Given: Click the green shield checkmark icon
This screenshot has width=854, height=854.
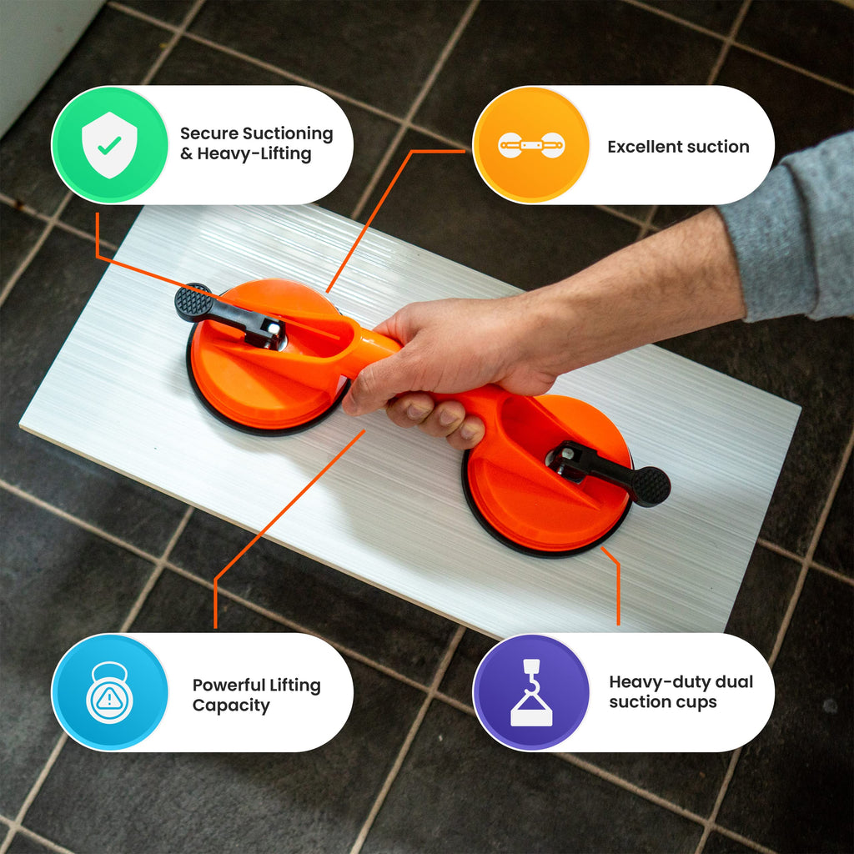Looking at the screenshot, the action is (x=109, y=145).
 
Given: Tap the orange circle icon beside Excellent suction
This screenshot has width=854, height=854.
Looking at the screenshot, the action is (x=531, y=145).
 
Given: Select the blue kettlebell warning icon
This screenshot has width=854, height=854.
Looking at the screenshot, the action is (x=109, y=692).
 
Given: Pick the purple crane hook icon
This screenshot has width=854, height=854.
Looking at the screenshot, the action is (x=531, y=692).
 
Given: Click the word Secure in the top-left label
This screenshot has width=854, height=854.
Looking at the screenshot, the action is (x=209, y=133).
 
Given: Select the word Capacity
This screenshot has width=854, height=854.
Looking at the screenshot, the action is (x=231, y=706).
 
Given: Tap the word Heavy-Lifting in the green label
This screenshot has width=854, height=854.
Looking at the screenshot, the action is (x=254, y=154).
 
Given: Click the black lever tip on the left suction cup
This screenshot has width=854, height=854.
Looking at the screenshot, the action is (x=193, y=303).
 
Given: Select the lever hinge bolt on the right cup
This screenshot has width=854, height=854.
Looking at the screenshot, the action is (x=566, y=455).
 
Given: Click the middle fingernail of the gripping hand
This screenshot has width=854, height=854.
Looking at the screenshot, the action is (x=448, y=418).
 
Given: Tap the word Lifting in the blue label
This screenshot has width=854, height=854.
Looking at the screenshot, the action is (x=295, y=686).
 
